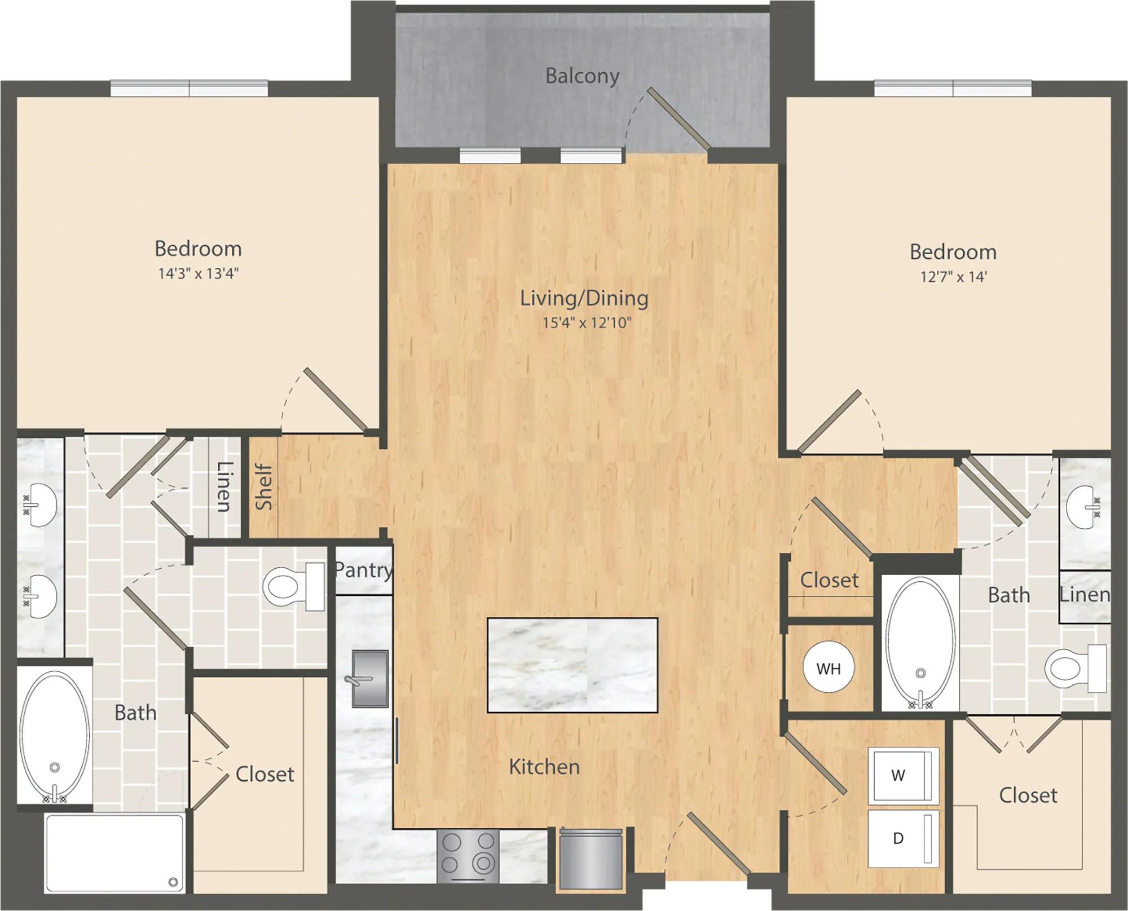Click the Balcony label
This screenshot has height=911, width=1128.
pos(582,76)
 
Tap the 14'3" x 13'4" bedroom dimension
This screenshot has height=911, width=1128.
pos(199,274)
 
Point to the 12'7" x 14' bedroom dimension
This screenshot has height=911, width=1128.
pos(953,277)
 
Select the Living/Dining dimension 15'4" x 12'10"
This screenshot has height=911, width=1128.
pos(587,323)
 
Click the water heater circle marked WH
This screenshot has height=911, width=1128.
pos(829,668)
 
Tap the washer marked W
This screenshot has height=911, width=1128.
pos(903,776)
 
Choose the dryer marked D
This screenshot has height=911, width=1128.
pos(903,839)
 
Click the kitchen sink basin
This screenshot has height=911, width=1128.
pos(370,678)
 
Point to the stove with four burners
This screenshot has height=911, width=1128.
pos(468,856)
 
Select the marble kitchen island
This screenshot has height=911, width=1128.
pos(572,665)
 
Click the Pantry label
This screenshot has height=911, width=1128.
pos(363,571)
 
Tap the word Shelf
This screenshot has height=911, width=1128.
pos(264,487)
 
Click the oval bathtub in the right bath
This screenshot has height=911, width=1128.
pos(921,642)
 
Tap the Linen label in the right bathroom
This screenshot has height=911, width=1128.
pos(1085,595)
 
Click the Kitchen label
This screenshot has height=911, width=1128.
pos(544,767)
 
